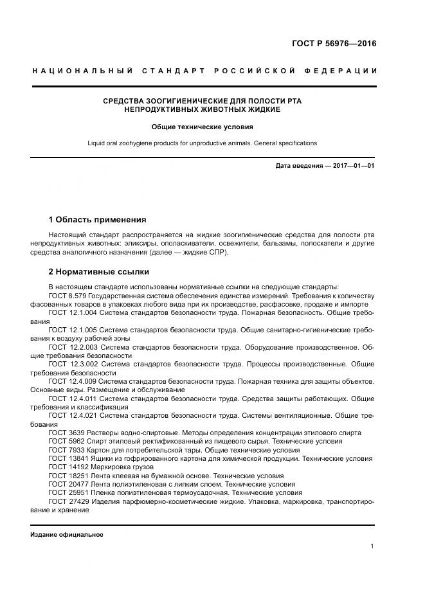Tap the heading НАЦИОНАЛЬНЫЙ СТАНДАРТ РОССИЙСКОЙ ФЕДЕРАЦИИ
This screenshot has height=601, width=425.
point(204,70)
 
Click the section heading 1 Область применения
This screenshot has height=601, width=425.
point(97,219)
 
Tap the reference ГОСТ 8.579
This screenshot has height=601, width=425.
point(67,295)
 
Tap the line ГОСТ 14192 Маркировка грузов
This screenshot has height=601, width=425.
point(101,467)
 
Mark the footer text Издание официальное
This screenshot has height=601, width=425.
point(67,535)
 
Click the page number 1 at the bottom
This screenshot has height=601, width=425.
point(372,546)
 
